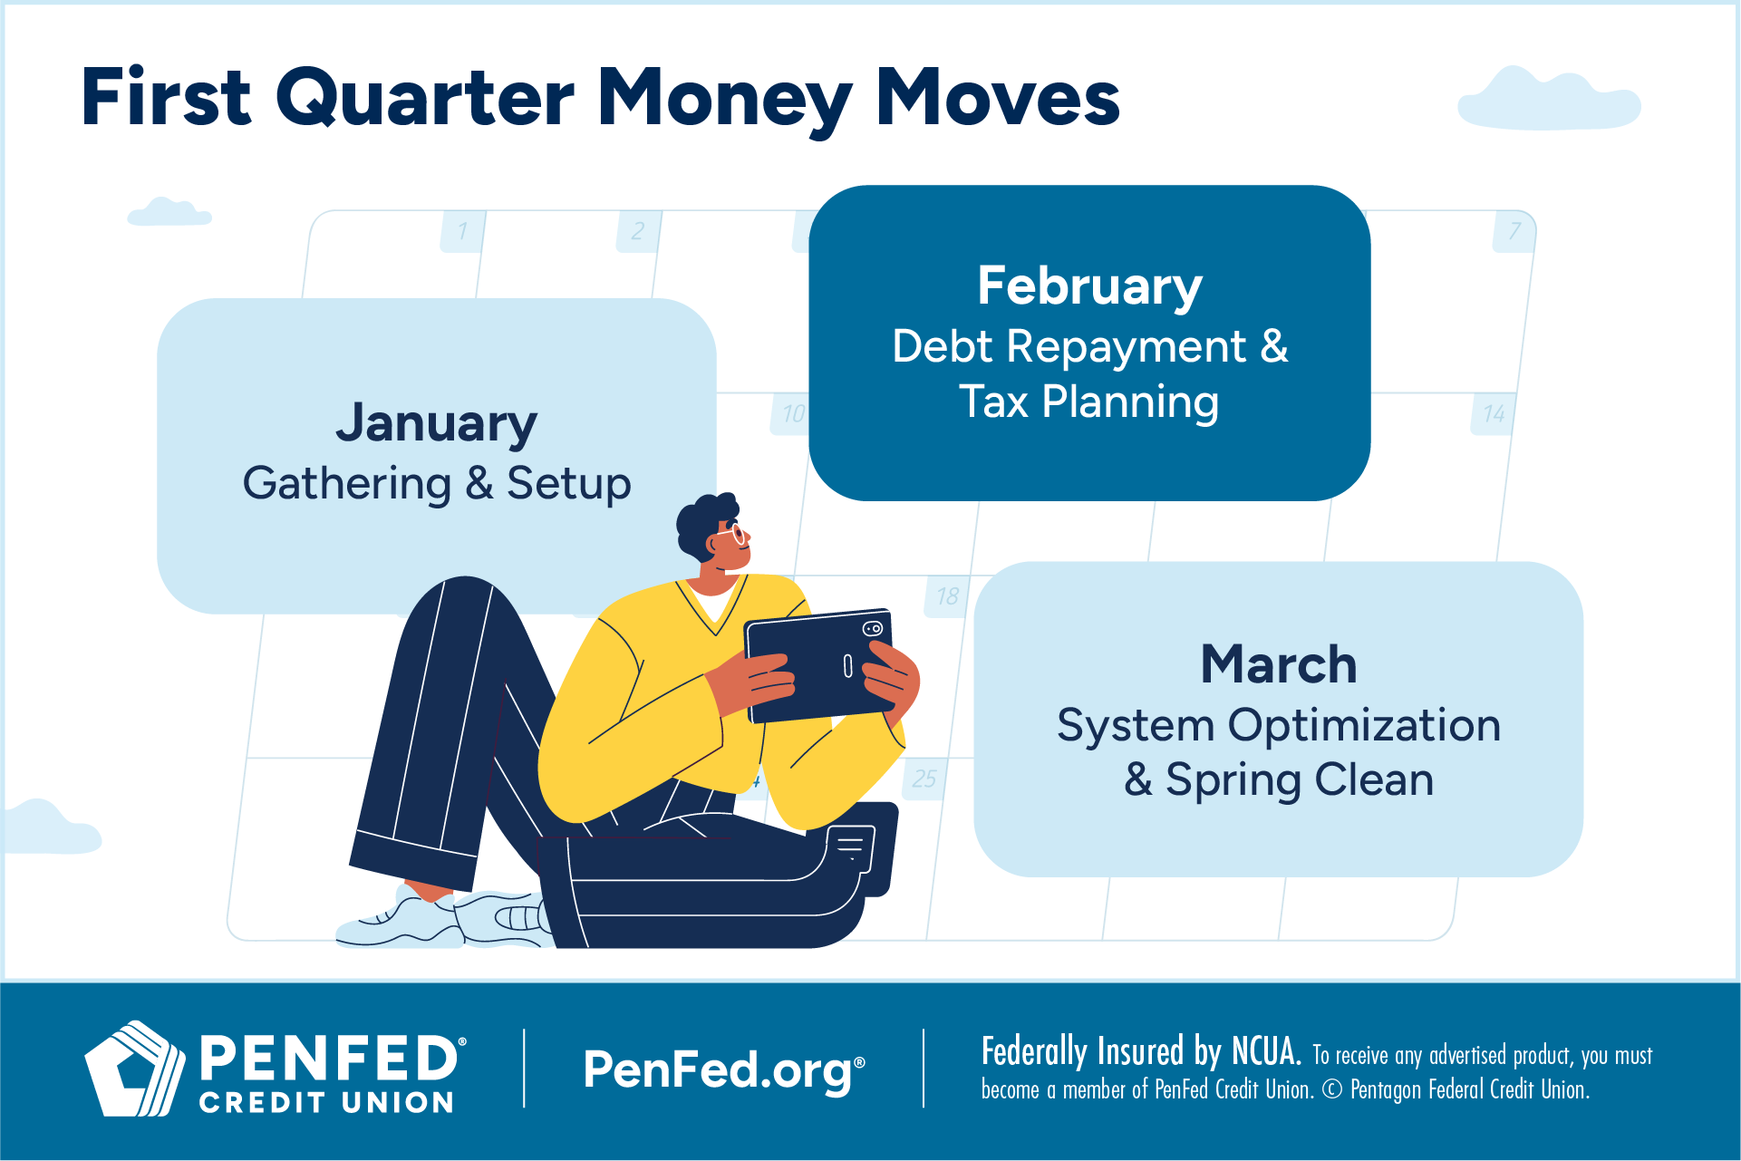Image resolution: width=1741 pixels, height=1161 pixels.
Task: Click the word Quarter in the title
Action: (x=425, y=99)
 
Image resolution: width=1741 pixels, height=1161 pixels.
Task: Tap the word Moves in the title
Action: (x=998, y=98)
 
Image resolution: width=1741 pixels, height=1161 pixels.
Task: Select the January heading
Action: (x=436, y=424)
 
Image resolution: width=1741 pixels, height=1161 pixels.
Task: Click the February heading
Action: (x=1089, y=287)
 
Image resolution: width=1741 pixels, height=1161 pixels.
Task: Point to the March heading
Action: (x=1279, y=664)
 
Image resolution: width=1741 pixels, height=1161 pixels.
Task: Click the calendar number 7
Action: (x=1514, y=231)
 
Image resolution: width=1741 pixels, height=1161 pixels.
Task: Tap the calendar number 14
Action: (x=1494, y=414)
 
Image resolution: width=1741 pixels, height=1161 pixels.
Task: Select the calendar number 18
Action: (x=948, y=596)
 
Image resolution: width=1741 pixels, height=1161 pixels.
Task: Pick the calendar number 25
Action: (x=924, y=779)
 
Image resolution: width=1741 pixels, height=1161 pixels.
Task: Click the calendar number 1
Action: (x=462, y=231)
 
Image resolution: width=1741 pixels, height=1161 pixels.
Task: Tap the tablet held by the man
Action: (x=820, y=666)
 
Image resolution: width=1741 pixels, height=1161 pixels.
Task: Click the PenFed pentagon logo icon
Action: (x=134, y=1069)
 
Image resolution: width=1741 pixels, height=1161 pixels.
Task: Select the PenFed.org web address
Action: (x=723, y=1070)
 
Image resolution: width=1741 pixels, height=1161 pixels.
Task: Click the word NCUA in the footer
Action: (x=1266, y=1051)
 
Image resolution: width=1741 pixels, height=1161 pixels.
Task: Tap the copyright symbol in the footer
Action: (x=1331, y=1089)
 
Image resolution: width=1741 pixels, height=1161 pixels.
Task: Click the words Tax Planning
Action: (x=1088, y=402)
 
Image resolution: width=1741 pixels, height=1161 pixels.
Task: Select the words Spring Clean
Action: (x=1300, y=780)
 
